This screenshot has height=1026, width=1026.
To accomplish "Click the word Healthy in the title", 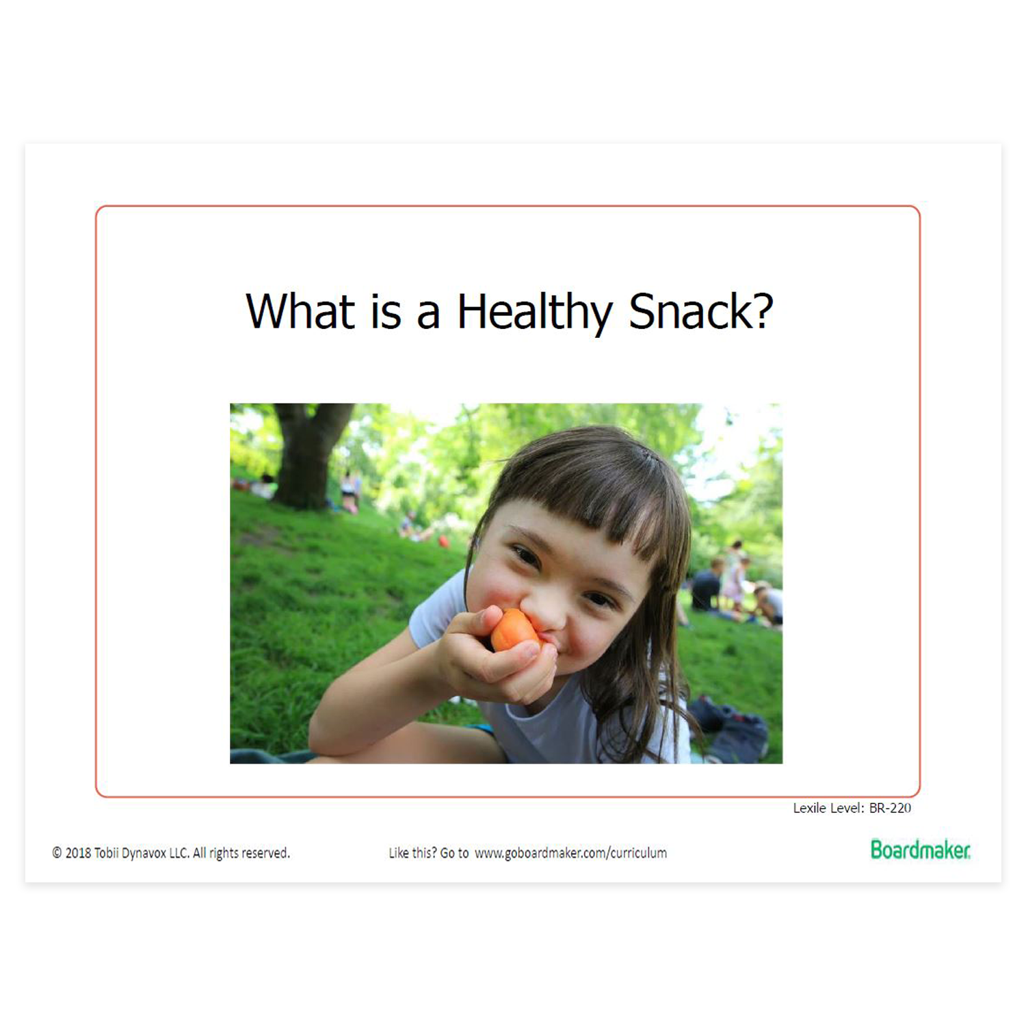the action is (x=534, y=313).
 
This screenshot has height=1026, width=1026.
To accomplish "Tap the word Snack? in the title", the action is (x=701, y=311).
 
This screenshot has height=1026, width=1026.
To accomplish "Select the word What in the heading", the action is (x=300, y=311).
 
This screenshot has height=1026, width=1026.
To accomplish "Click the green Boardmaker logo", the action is (x=920, y=850).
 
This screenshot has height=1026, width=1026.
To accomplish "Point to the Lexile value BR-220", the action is (x=890, y=808).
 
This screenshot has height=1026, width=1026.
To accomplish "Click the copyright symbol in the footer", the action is (x=57, y=853).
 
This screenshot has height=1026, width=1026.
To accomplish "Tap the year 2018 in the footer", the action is (x=78, y=853).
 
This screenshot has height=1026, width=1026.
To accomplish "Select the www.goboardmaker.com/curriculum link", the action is (x=570, y=853).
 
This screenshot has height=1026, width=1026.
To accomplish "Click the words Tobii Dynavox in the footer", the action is (x=130, y=853).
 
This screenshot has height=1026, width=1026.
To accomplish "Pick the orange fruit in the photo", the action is (x=513, y=629).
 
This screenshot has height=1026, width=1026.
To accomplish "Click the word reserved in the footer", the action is (x=265, y=853).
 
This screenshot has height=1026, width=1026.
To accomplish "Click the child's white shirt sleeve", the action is (x=438, y=609).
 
